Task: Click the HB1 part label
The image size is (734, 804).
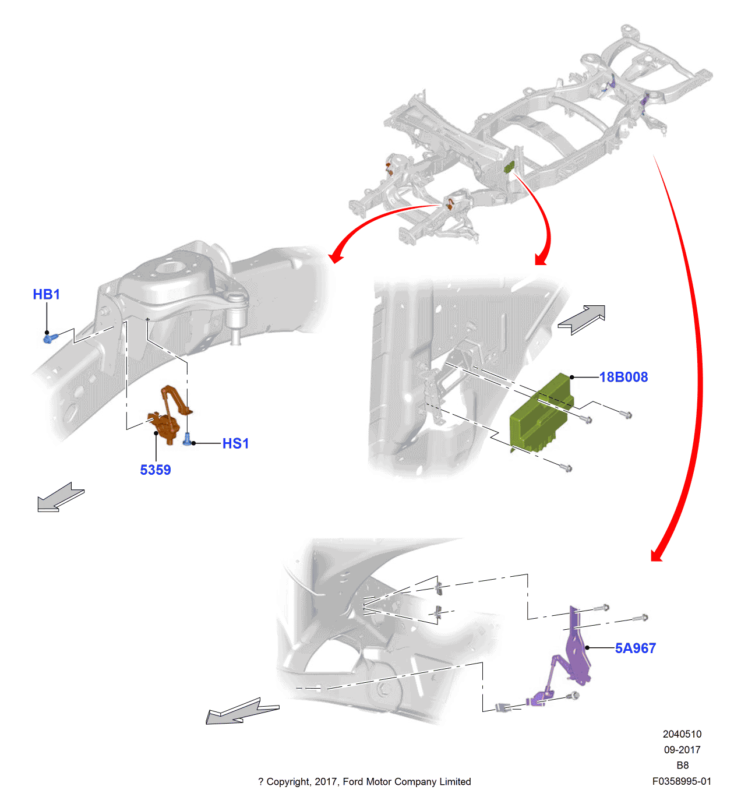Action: [x=46, y=294]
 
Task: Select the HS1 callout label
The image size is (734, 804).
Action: [x=235, y=443]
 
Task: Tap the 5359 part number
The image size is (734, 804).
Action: [x=155, y=470]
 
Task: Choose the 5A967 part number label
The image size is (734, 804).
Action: [x=635, y=648]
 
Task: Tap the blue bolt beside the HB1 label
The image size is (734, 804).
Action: [x=50, y=338]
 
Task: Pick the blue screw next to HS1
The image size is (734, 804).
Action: [x=186, y=439]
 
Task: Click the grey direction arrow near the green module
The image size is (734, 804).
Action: [x=581, y=319]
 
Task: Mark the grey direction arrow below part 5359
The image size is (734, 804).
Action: [x=61, y=498]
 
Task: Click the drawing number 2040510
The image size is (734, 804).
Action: [x=682, y=734]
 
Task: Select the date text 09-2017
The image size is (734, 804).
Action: [x=682, y=749]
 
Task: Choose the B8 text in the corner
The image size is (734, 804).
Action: [x=682, y=765]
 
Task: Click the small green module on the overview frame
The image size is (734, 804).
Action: [x=509, y=166]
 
